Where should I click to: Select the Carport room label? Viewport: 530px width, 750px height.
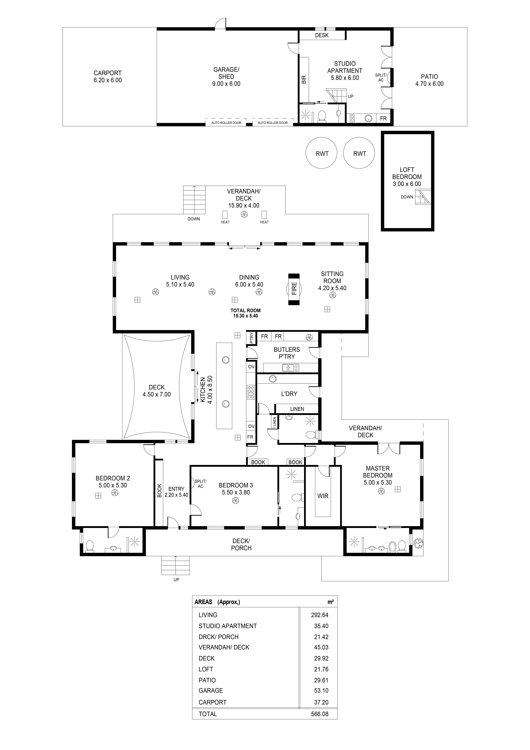pyautogui.click(x=108, y=73)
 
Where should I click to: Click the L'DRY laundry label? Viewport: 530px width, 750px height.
pyautogui.click(x=289, y=394)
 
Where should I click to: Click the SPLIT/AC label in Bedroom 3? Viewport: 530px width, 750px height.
pyautogui.click(x=201, y=484)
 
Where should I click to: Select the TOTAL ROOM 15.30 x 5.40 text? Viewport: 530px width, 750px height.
pyautogui.click(x=246, y=313)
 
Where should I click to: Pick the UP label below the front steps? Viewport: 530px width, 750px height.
pyautogui.click(x=176, y=580)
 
